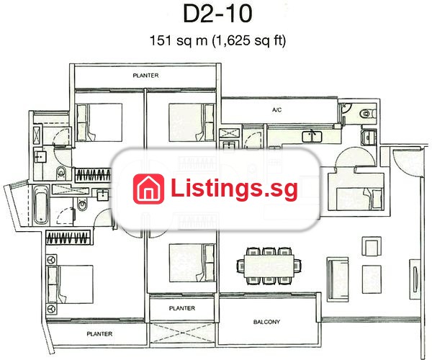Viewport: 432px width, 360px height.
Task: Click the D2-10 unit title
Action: point(217,14)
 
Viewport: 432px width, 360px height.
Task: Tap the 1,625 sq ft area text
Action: point(249,41)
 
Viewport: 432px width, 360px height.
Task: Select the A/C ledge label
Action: point(277,110)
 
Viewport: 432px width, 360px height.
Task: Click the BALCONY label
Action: point(266,322)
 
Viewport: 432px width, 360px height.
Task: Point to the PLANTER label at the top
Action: point(145,76)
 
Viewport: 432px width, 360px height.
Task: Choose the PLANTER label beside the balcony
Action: point(182,308)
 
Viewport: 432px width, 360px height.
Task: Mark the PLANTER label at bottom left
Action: point(99,334)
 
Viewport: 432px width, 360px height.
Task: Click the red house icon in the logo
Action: point(148,189)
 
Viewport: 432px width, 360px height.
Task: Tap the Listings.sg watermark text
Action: point(234,189)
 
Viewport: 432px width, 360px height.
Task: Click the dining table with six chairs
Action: point(269,266)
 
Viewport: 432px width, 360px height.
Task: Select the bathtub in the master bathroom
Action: point(41,204)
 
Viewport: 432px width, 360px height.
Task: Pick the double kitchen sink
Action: point(312,137)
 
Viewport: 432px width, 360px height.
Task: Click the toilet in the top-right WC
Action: point(367,113)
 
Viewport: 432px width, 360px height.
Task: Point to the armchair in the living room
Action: point(372,246)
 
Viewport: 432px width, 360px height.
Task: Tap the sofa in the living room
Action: point(338,279)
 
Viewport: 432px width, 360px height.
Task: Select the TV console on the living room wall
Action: point(415,279)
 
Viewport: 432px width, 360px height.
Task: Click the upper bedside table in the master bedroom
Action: point(51,260)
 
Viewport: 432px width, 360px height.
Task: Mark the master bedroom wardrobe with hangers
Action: point(68,237)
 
